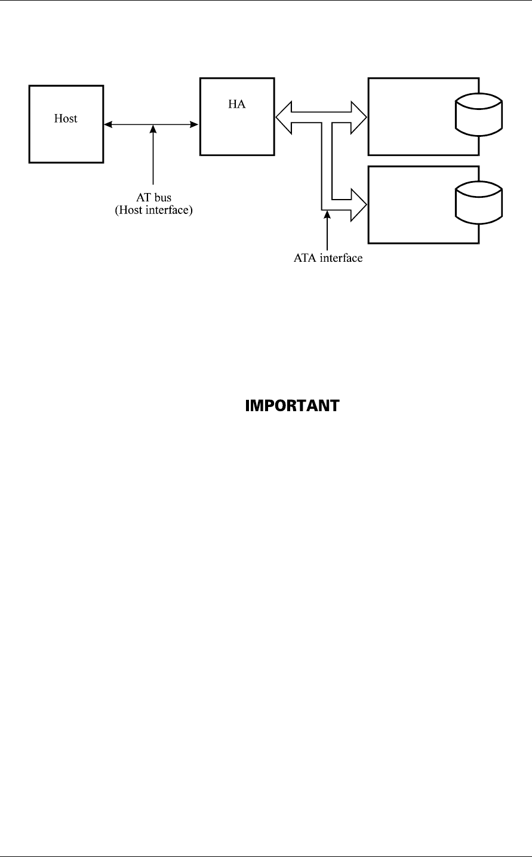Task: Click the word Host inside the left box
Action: point(66,118)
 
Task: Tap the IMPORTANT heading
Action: point(292,406)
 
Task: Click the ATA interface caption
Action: point(328,259)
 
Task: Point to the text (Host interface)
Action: point(153,210)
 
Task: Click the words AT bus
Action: point(153,199)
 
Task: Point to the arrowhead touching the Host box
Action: point(107,124)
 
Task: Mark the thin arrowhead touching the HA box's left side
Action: point(195,124)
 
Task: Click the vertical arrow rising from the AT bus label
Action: point(153,155)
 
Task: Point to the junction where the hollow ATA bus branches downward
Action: point(327,126)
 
